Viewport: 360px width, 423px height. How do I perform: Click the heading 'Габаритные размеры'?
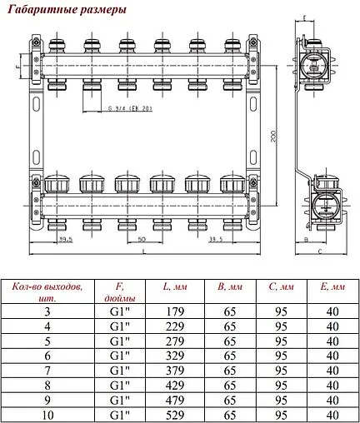tap(66, 11)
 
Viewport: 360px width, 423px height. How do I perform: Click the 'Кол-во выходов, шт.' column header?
tap(48, 292)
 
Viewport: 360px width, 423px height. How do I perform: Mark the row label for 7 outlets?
tap(48, 370)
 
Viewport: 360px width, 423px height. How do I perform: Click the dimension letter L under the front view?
tap(142, 250)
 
